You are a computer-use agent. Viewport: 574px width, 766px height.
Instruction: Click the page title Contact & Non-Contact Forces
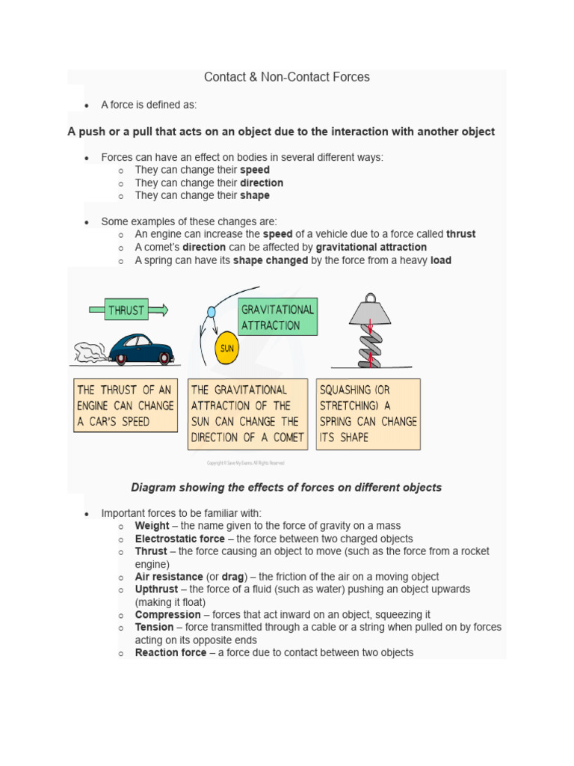pyautogui.click(x=287, y=77)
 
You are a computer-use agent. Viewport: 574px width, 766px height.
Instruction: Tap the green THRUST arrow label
pyautogui.click(x=127, y=310)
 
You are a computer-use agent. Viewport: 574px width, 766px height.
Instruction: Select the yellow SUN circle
pyautogui.click(x=226, y=348)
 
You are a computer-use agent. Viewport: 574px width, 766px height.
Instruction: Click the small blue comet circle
pyautogui.click(x=212, y=310)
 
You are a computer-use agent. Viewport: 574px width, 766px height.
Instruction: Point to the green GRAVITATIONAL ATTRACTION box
pyautogui.click(x=278, y=317)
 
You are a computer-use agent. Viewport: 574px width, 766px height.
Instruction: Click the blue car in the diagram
pyautogui.click(x=141, y=349)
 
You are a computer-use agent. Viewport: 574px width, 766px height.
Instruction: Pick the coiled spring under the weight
pyautogui.click(x=370, y=345)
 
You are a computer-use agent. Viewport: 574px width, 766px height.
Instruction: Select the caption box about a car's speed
pyautogui.click(x=126, y=405)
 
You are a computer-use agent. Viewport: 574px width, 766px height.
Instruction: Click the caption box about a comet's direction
pyautogui.click(x=247, y=414)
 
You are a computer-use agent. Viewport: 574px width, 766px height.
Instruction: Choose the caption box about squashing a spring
pyautogui.click(x=368, y=414)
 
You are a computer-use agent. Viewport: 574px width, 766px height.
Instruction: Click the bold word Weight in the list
pyautogui.click(x=152, y=526)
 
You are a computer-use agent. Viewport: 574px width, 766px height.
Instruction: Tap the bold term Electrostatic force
pyautogui.click(x=179, y=539)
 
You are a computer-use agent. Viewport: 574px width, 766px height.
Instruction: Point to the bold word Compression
pyautogui.click(x=167, y=614)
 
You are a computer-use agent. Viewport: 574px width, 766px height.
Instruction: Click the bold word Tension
pyautogui.click(x=154, y=627)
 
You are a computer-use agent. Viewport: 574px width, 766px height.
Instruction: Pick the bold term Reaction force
pyautogui.click(x=170, y=652)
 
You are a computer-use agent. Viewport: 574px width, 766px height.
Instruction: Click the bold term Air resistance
pyautogui.click(x=169, y=577)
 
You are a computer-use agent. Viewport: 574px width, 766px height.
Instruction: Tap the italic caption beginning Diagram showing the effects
pyautogui.click(x=286, y=487)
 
